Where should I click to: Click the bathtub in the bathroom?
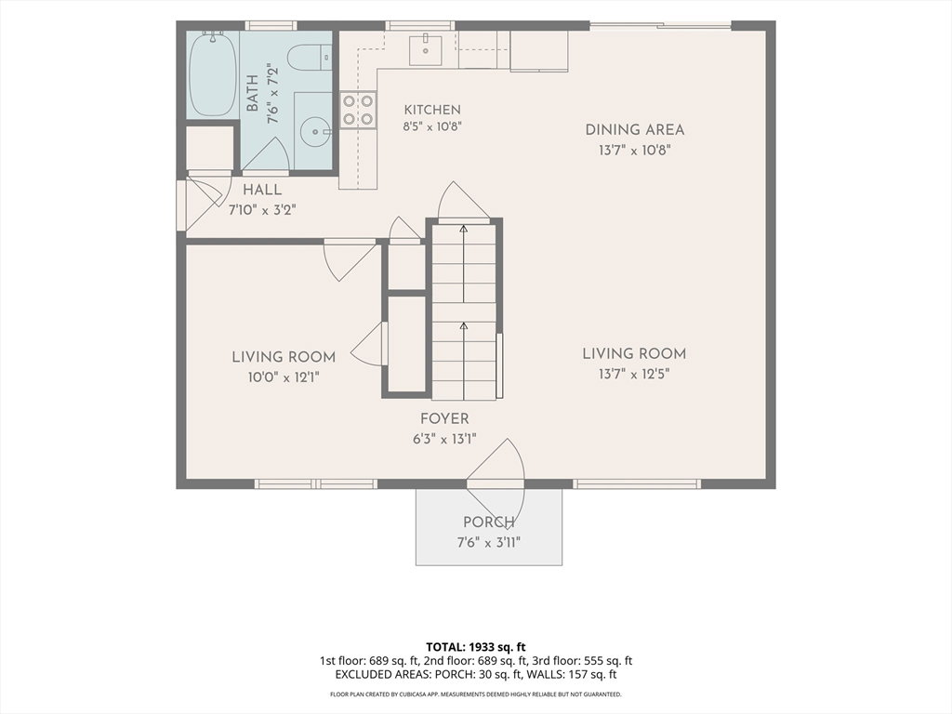[x=213, y=75]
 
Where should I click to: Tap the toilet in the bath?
[x=309, y=59]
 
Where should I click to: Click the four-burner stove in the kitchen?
[x=358, y=110]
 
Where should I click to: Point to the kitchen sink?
[x=425, y=49]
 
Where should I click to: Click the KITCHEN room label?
[x=432, y=110]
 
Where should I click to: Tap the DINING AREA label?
[x=634, y=129]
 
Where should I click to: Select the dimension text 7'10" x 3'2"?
[x=261, y=210]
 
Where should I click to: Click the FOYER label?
[x=444, y=418]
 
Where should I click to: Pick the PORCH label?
[x=489, y=522]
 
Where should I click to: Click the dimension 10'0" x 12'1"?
[x=284, y=377]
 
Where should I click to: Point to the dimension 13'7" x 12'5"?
[x=634, y=374]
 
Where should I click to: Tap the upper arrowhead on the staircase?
[x=464, y=229]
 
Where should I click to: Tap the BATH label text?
[x=253, y=93]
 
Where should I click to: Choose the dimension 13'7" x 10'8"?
[x=634, y=150]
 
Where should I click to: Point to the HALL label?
[x=262, y=190]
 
